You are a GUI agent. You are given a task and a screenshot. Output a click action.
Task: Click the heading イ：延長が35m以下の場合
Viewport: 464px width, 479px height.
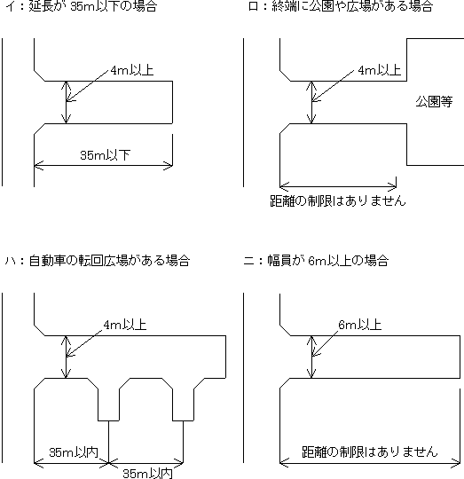[81, 6]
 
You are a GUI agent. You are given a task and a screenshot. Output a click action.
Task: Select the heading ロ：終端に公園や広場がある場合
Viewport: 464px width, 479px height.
[341, 6]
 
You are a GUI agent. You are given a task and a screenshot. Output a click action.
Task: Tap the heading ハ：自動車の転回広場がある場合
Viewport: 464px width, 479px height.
[98, 261]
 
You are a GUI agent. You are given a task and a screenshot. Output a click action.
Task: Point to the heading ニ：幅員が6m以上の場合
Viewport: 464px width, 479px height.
[316, 261]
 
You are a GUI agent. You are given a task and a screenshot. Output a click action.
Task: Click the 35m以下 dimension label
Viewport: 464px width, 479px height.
[105, 155]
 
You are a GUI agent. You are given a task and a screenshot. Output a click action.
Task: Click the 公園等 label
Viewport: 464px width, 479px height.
[434, 101]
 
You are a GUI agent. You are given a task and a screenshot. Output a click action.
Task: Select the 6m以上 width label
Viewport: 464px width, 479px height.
[360, 325]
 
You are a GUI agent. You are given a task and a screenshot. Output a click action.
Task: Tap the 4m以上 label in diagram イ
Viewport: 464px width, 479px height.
[131, 70]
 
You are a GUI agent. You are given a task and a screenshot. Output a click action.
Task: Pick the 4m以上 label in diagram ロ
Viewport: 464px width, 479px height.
[379, 70]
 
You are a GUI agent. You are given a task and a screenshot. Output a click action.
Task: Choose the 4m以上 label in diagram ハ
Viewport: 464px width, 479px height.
[125, 325]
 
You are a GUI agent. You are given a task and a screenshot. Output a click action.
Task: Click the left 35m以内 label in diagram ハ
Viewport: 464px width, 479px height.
[74, 452]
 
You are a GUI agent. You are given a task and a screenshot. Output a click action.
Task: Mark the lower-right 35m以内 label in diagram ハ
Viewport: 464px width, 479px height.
[147, 473]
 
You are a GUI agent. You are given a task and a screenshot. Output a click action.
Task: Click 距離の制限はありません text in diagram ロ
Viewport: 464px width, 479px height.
[338, 200]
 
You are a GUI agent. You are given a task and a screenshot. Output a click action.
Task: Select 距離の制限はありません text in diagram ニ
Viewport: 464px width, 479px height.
[370, 452]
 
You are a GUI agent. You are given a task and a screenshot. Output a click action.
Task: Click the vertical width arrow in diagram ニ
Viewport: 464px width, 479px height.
[311, 357]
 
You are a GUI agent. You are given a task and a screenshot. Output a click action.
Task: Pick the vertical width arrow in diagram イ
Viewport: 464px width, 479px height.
[66, 102]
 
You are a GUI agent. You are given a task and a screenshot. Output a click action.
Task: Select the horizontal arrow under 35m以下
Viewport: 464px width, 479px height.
[103, 166]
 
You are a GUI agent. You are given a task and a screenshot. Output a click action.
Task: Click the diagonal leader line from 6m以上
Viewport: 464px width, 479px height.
[325, 343]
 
